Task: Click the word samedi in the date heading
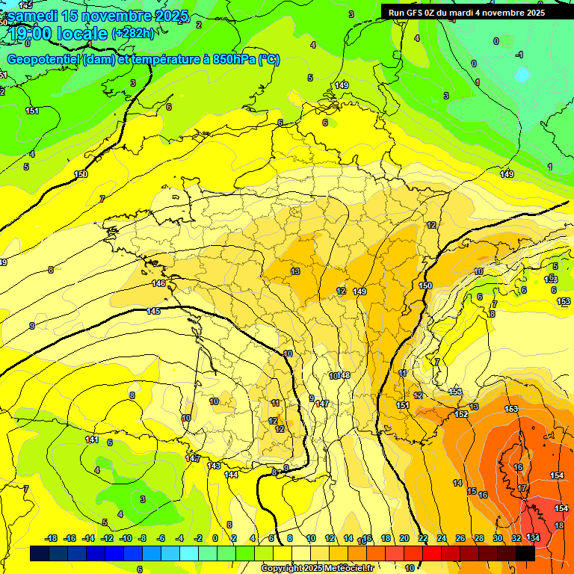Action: coord(34,16)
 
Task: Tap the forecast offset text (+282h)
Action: coord(133,33)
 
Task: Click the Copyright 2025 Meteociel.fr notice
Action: coord(317,569)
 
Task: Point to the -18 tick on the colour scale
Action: coord(52,538)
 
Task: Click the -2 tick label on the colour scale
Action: coord(198,538)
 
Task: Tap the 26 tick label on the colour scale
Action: coord(460,538)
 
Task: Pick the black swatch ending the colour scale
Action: coord(525,553)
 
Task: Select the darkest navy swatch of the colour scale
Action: coord(40,553)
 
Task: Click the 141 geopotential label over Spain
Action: coord(92,439)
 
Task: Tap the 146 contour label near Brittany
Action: coord(158,283)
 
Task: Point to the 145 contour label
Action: coord(153,311)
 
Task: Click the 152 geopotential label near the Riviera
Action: coord(461,414)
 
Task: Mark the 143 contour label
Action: coord(214,465)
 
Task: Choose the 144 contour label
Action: coord(232,474)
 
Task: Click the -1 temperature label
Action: coord(519,55)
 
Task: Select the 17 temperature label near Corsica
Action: coord(522,488)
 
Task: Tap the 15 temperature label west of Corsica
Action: coord(472,491)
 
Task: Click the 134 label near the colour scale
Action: coord(533,537)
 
